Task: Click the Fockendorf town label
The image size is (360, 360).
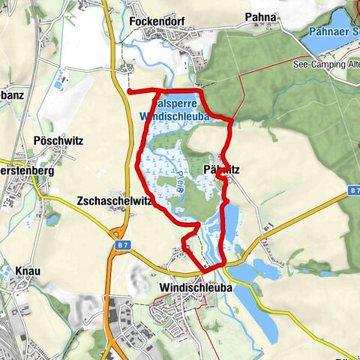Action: click(155, 21)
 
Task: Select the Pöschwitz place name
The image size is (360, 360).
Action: click(58, 141)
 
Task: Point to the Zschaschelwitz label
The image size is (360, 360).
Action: click(110, 201)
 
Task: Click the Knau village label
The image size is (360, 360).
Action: click(28, 270)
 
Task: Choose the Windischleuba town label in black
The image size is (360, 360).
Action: click(196, 287)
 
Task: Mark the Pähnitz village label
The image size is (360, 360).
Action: click(221, 170)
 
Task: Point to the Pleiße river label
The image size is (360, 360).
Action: click(180, 184)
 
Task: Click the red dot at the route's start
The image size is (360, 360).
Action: click(129, 91)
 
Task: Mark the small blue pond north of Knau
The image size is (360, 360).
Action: click(52, 220)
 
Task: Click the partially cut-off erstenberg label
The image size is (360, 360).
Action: click(20, 170)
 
